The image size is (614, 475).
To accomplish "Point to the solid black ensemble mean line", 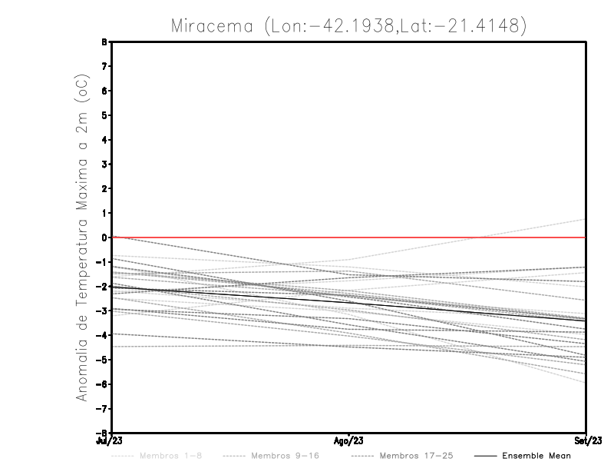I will [349, 301].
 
